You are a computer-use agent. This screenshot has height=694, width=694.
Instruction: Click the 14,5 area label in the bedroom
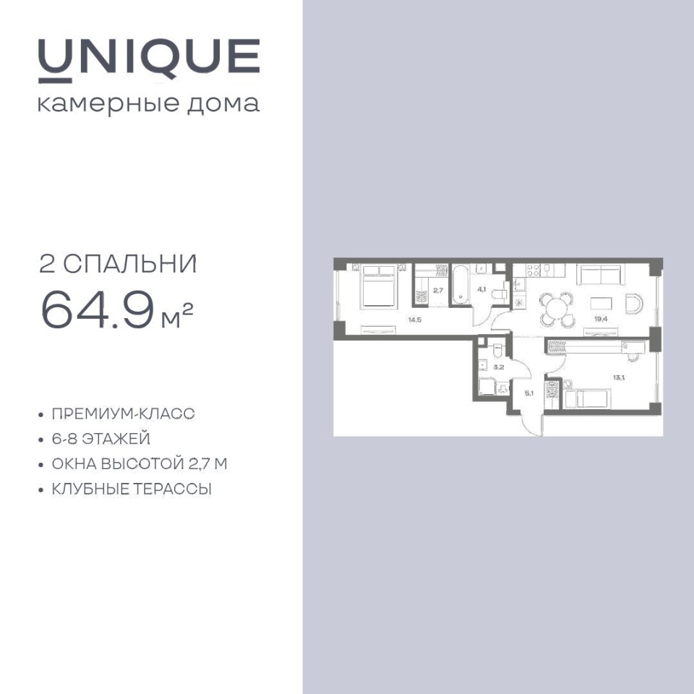coord(414,320)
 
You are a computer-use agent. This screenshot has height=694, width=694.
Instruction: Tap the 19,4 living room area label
coord(601,318)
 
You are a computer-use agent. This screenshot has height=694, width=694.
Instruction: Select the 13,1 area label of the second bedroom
coord(618,377)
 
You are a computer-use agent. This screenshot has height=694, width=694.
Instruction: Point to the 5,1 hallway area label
coord(529,392)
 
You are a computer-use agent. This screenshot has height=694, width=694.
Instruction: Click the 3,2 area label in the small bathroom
coord(498,367)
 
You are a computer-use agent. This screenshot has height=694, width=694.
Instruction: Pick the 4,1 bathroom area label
coord(481,289)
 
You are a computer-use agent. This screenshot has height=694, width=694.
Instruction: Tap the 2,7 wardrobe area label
coord(438,291)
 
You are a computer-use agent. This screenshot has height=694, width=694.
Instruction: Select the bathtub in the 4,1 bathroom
coord(460,285)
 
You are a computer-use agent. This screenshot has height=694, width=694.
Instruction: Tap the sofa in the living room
coord(601,275)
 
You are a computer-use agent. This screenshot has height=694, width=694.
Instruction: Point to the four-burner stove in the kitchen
coord(533,270)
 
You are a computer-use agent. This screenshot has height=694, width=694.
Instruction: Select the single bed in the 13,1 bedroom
coord(587,399)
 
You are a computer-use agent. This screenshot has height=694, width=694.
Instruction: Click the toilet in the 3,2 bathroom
coord(497,351)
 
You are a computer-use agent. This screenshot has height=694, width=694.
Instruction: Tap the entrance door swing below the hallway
coord(532,423)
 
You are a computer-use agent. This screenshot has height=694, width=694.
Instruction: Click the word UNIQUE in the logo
coord(149,60)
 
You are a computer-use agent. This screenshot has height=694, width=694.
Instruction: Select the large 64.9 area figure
coord(98,310)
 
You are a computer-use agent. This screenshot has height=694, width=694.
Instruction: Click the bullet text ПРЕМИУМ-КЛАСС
coord(123,414)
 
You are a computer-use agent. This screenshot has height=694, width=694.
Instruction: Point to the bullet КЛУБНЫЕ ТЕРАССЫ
coord(132,489)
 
